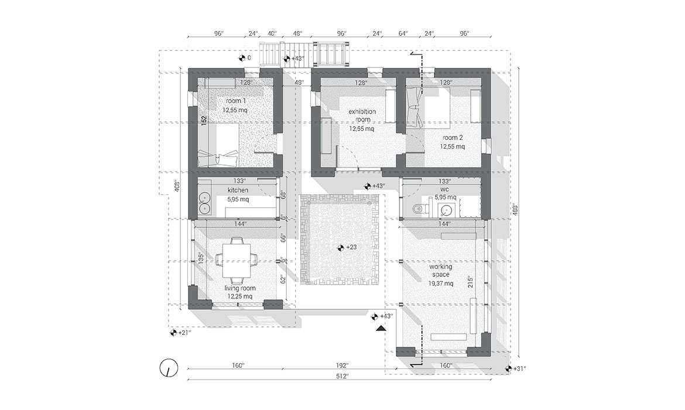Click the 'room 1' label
(235, 101)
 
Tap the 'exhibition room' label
(362, 115)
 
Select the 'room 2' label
(452, 138)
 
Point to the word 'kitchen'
(238, 190)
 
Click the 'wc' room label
(445, 189)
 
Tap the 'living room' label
(240, 288)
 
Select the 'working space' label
(441, 271)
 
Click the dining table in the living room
(237, 261)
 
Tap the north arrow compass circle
(169, 368)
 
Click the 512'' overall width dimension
(341, 376)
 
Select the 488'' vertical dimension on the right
(515, 209)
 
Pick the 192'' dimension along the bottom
(342, 365)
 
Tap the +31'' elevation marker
(515, 368)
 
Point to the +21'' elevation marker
(180, 333)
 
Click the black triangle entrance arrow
(381, 328)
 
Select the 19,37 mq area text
(441, 283)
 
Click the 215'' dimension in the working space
(470, 282)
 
